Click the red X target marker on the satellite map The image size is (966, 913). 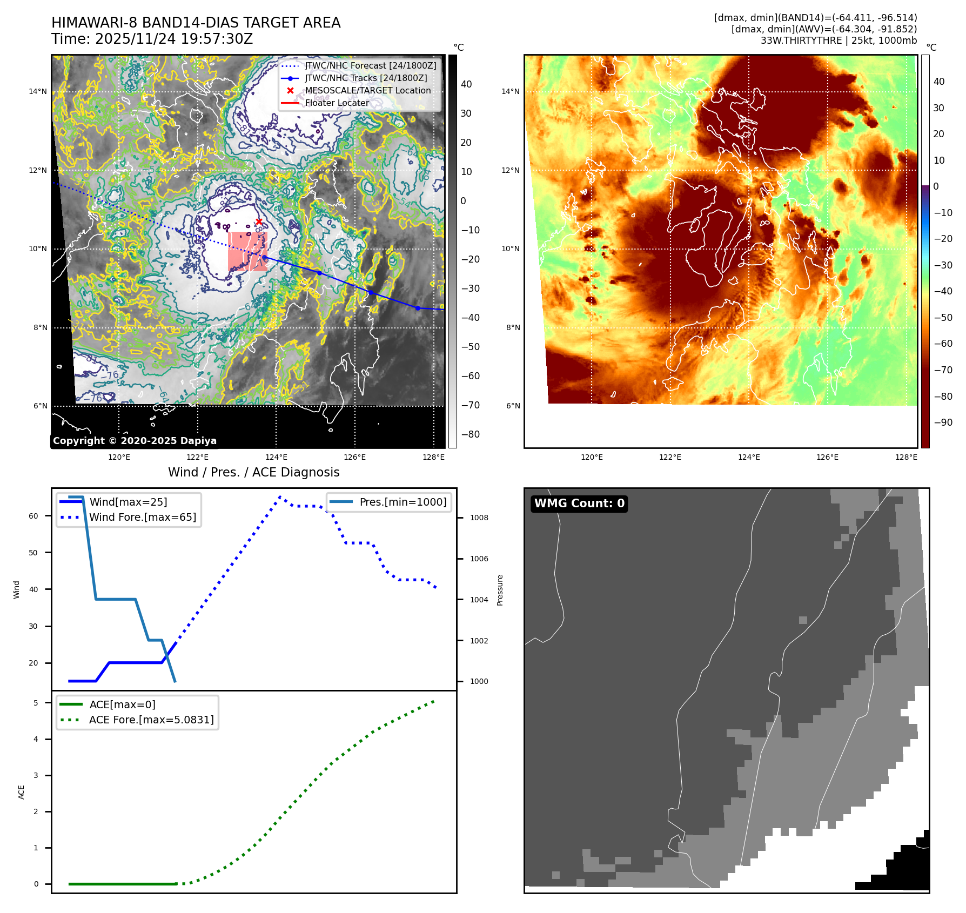point(259,221)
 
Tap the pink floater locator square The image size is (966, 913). point(247,251)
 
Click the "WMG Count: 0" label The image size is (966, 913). point(579,504)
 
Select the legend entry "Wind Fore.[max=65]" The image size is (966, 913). point(143,517)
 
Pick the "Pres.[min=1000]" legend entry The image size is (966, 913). point(403,502)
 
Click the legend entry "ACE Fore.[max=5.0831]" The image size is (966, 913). point(151,720)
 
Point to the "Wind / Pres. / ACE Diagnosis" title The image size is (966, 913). point(254,472)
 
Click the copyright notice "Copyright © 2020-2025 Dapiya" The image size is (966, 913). point(135,441)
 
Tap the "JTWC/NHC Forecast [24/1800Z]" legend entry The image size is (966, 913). point(371,65)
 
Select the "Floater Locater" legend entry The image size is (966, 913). point(337,103)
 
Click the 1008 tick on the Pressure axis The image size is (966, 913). point(479,518)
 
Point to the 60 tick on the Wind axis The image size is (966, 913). point(33,516)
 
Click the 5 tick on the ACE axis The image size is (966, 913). point(36,703)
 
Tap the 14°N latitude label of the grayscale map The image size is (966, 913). point(38,91)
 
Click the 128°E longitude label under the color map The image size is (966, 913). point(906,457)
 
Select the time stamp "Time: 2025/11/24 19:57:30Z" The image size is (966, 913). point(152,39)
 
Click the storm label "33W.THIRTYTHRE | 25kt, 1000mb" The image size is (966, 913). point(838,41)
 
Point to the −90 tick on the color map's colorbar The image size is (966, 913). point(943,422)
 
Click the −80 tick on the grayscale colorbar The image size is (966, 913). point(470,434)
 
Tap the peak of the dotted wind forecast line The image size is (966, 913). point(280,496)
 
